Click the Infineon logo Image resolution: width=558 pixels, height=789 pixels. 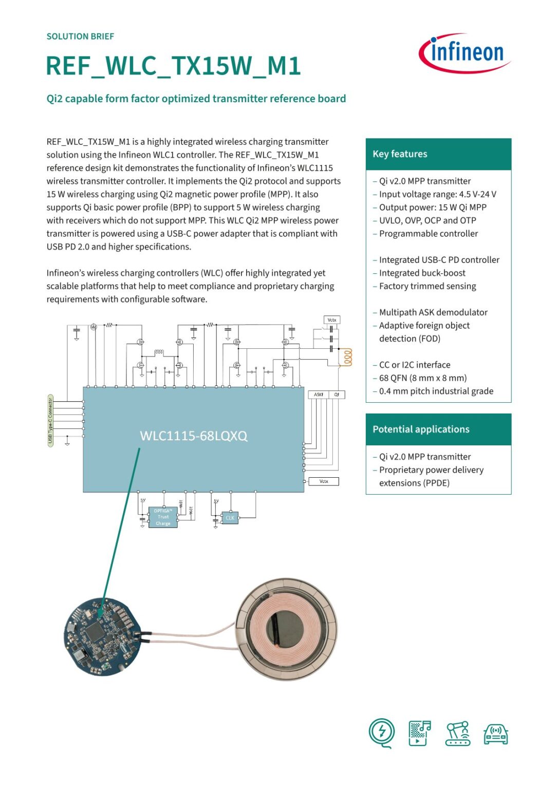[465, 53]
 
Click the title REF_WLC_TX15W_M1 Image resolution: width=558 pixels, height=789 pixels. [173, 66]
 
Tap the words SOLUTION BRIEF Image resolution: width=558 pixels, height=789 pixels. [80, 36]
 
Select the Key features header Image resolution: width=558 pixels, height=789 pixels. [400, 154]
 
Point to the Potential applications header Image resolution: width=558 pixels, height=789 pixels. [421, 429]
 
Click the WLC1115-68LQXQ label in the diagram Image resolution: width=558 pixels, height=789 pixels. [194, 436]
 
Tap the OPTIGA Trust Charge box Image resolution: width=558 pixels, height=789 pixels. [163, 517]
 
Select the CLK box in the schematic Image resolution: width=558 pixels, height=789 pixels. [230, 518]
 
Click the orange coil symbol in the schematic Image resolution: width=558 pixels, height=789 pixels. [348, 357]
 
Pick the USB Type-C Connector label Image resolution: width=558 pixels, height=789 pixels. [50, 421]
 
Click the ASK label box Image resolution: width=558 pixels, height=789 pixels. [319, 394]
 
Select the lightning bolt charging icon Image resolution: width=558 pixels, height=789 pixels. [382, 731]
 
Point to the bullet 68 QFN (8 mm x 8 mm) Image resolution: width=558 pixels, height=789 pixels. [422, 378]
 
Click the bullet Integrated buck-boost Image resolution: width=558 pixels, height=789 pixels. [422, 273]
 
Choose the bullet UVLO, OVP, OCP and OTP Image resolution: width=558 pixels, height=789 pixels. [427, 220]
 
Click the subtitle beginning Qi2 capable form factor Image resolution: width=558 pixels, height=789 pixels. [196, 99]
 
